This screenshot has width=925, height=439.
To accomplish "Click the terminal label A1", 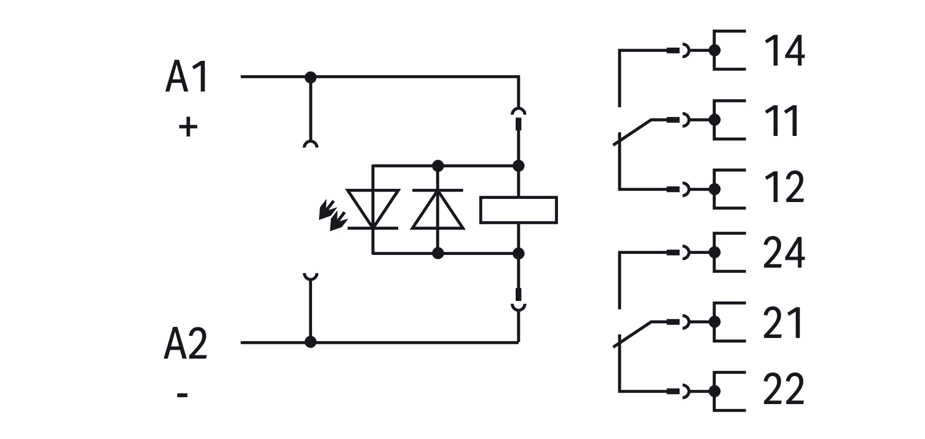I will [187, 78].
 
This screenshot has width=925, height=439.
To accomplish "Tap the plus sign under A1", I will [188, 127].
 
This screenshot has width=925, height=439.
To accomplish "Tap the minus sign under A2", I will [182, 395].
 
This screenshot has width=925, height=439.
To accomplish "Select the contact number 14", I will [784, 51].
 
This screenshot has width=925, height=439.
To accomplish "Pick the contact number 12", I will [784, 188].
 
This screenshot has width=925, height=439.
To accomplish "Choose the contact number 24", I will [784, 253].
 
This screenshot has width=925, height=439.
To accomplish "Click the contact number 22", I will [784, 390].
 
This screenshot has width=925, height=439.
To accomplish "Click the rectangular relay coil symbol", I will [518, 209].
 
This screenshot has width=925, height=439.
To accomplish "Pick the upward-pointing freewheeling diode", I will [437, 209].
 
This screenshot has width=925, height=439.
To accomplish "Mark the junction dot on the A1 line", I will [310, 77].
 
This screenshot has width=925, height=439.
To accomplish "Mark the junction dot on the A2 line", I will [310, 342].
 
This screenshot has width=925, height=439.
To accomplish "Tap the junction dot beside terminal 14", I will [715, 51].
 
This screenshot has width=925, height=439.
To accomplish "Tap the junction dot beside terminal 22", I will [715, 391].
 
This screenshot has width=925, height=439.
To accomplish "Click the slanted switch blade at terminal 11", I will [634, 132].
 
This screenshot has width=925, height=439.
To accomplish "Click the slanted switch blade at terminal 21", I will [634, 334].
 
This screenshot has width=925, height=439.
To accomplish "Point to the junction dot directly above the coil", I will [518, 166].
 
